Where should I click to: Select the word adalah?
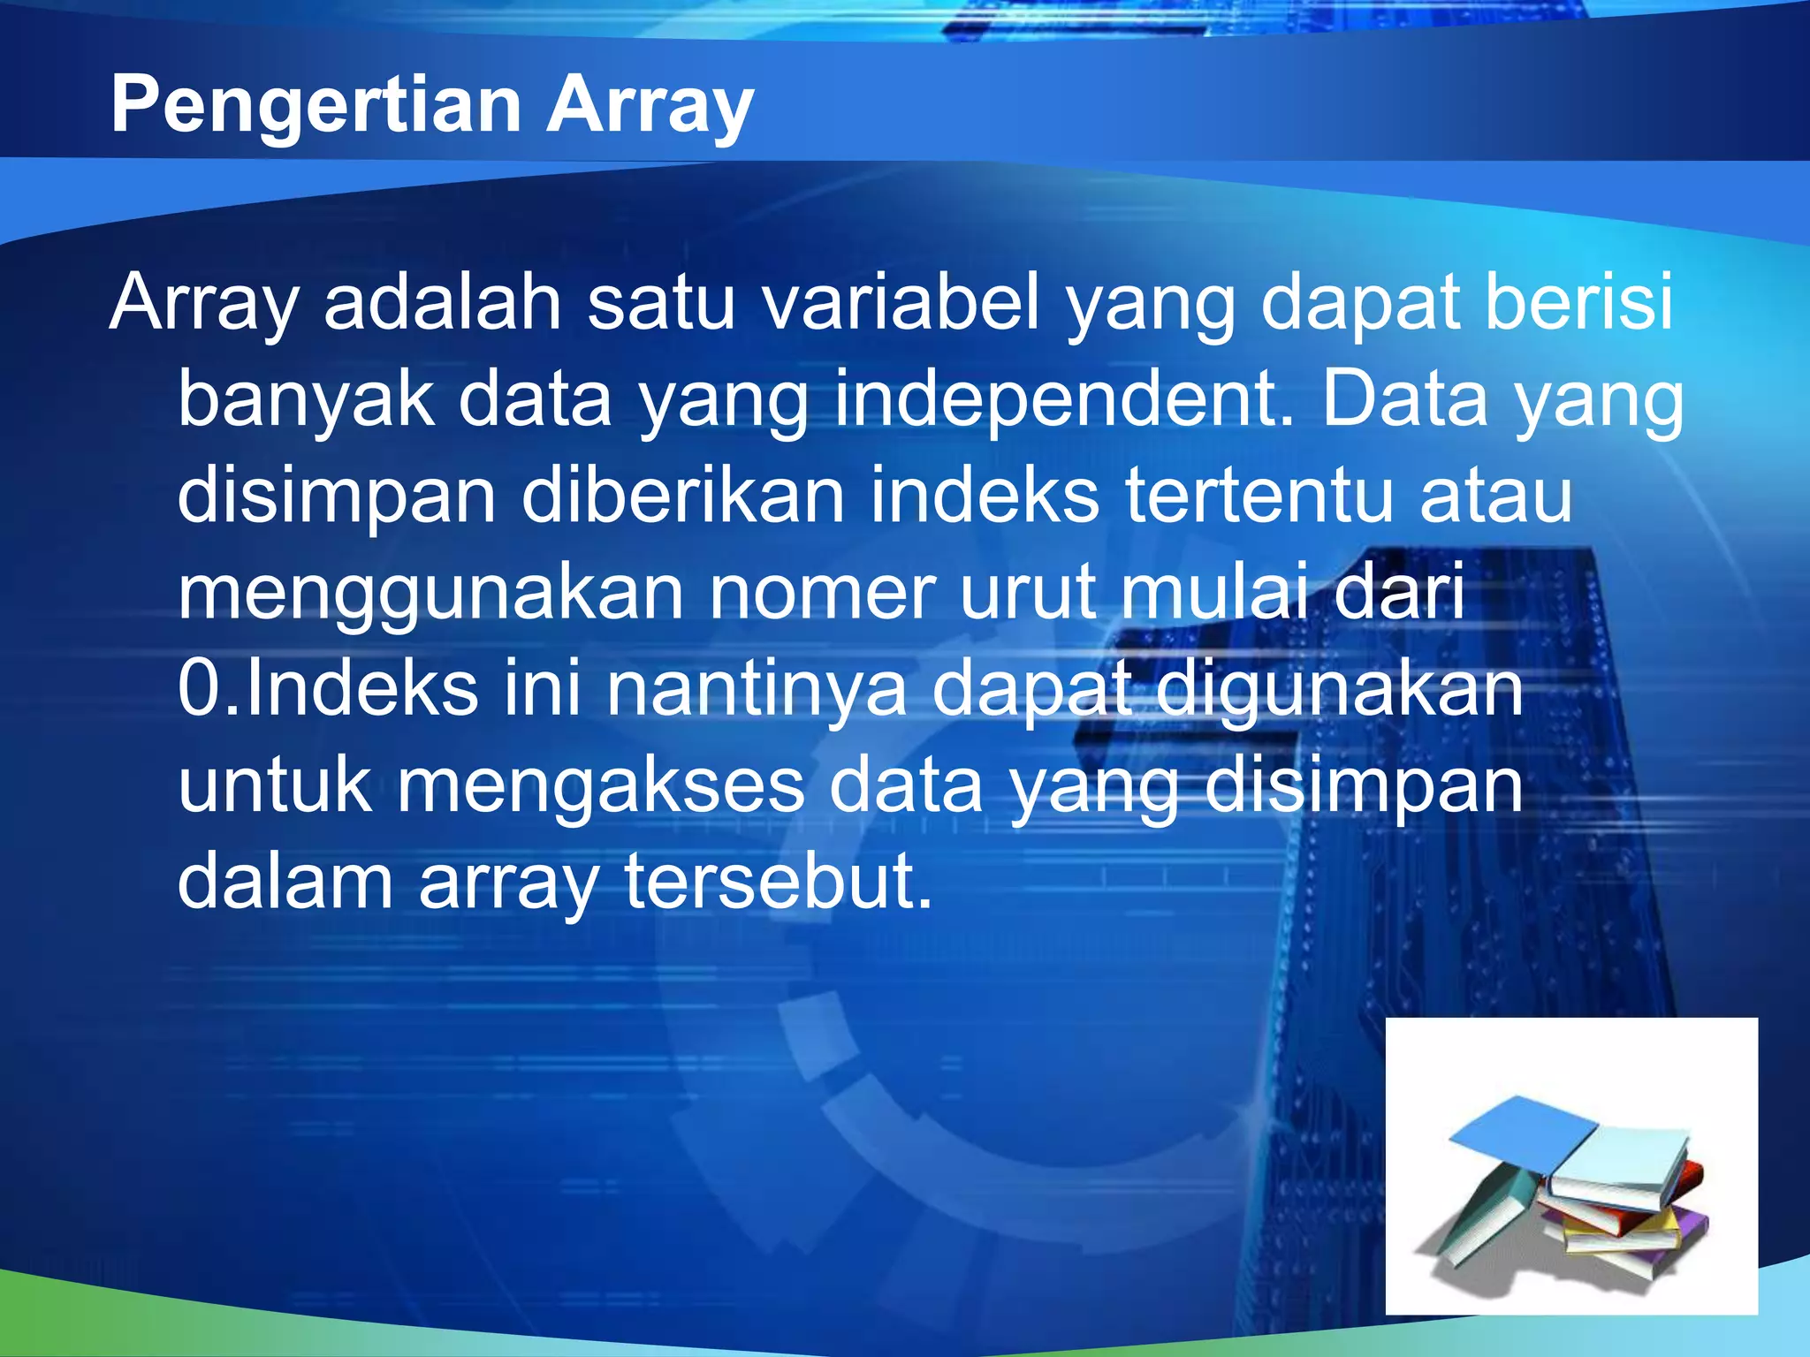tap(442, 302)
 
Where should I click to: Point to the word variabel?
tap(900, 302)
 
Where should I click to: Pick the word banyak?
tap(306, 399)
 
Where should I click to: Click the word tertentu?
tap(1260, 497)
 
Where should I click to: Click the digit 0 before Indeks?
tap(195, 689)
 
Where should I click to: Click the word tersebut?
tap(778, 882)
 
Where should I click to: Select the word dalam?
tap(285, 882)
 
